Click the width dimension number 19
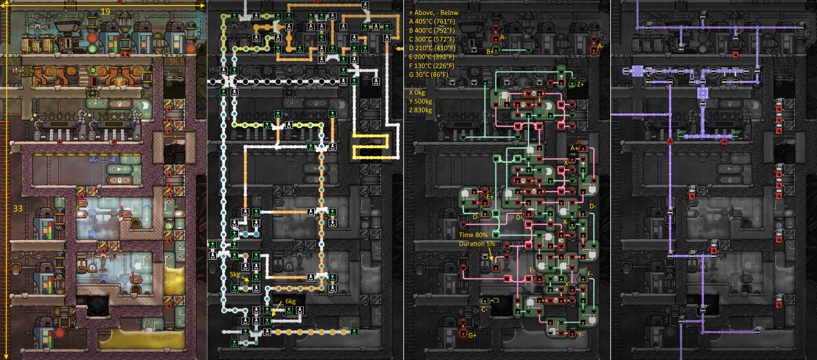point(105,12)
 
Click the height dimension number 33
point(18,208)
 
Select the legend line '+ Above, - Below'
point(433,13)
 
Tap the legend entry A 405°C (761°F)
point(432,21)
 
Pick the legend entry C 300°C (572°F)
point(432,39)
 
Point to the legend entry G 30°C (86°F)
point(428,74)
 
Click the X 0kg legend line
point(417,93)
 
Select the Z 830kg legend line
point(420,110)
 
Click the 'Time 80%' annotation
point(473,235)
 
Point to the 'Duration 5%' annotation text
point(477,244)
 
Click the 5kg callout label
point(235,274)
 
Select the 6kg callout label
point(290,301)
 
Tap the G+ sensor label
point(472,335)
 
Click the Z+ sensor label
point(580,84)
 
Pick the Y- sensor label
point(580,335)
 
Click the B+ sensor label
point(490,51)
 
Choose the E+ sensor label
point(490,197)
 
